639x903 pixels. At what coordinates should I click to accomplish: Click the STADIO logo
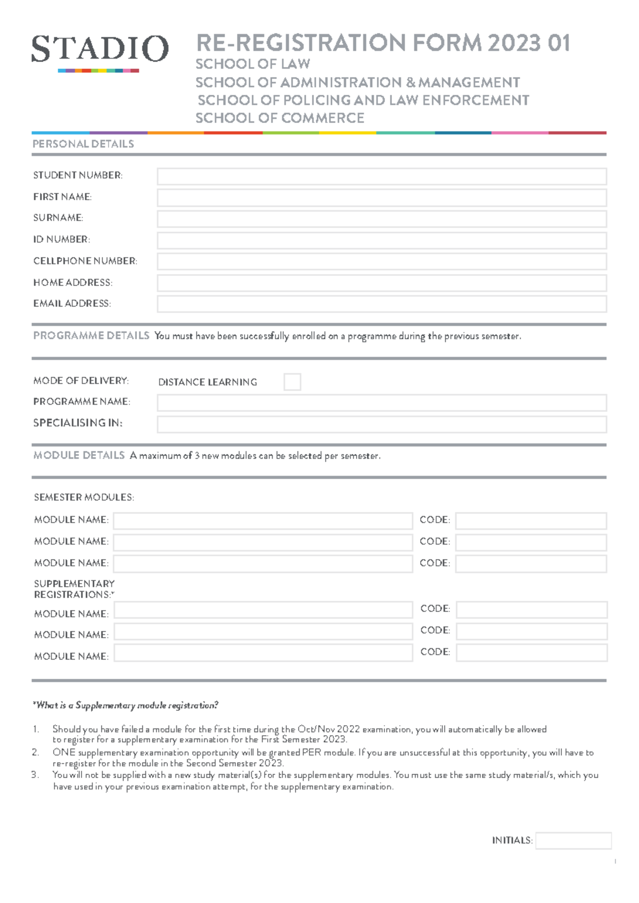(x=100, y=51)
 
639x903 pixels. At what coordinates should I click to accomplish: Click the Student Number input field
(x=381, y=176)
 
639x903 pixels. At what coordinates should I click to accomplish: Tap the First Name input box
(x=381, y=198)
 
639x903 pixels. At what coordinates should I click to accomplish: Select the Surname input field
(x=381, y=219)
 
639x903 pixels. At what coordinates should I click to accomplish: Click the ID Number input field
(x=381, y=240)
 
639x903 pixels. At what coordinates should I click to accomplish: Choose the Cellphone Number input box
(x=381, y=261)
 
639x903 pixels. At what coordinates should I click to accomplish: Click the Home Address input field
(x=381, y=283)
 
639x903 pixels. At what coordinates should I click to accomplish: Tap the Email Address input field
(x=381, y=304)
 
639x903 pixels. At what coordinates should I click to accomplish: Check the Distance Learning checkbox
(x=292, y=382)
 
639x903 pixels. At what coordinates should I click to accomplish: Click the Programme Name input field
(x=381, y=403)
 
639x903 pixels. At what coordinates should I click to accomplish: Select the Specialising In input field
(x=381, y=424)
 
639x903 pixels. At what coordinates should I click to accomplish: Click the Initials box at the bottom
(x=573, y=841)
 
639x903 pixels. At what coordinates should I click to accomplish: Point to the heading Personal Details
(x=83, y=144)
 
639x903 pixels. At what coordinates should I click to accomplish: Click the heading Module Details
(x=79, y=455)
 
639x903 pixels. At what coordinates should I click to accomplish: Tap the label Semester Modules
(x=84, y=497)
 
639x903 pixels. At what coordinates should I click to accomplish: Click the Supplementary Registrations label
(x=74, y=589)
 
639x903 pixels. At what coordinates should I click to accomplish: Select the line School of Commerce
(x=280, y=118)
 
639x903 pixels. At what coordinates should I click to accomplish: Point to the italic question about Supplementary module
(x=125, y=705)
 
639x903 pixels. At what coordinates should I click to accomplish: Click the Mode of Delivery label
(x=81, y=381)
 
